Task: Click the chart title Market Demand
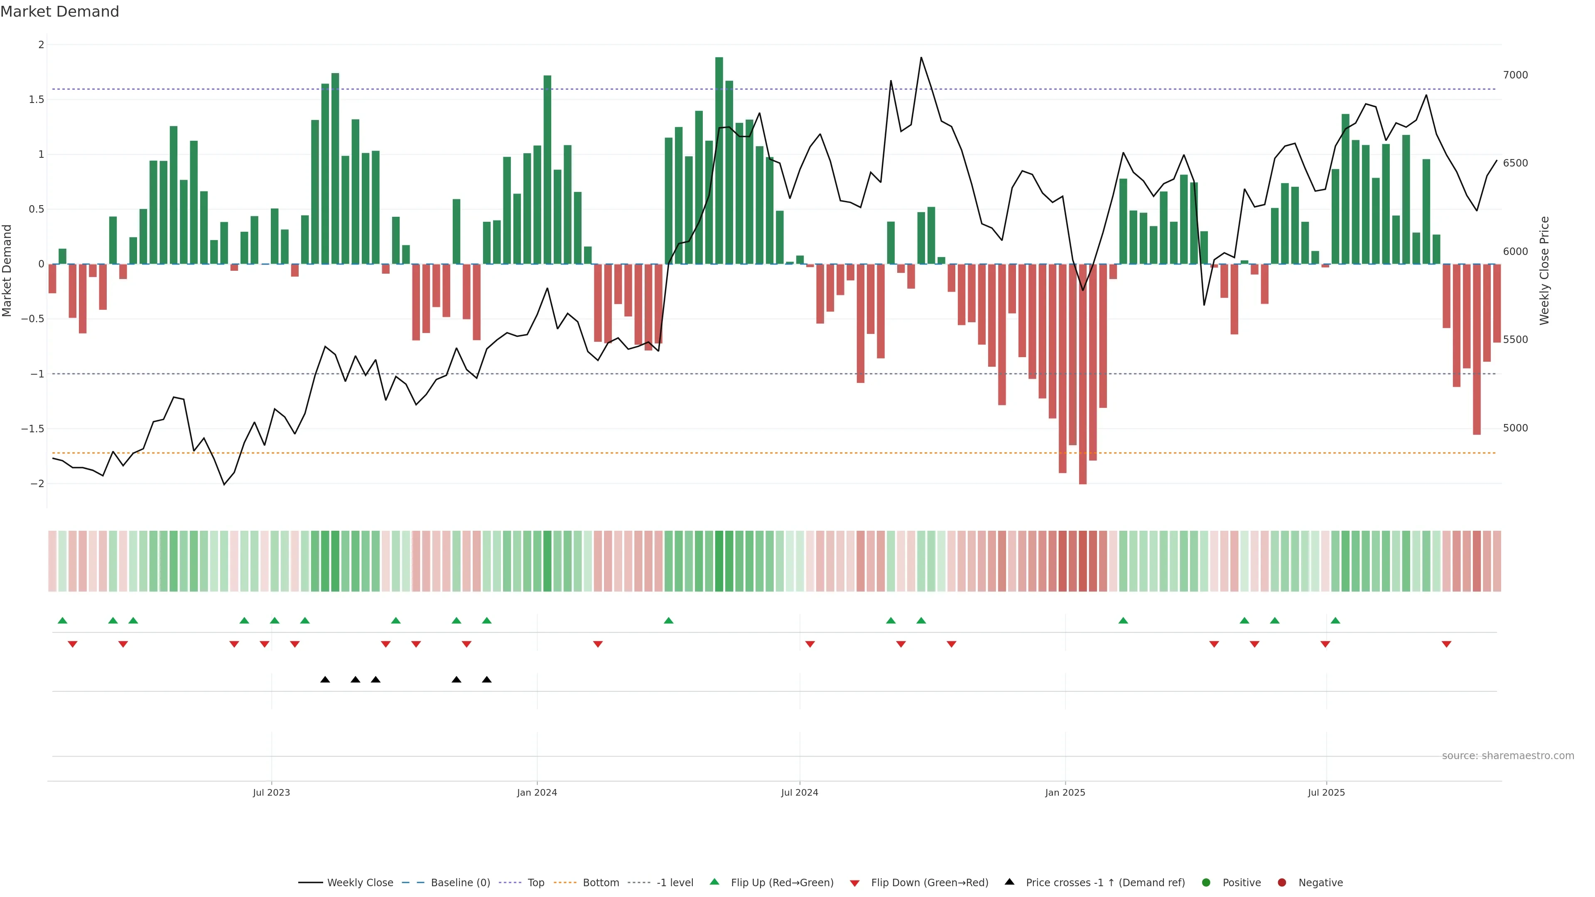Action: pos(59,12)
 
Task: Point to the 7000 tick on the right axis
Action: pos(1515,75)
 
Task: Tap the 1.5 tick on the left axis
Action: pos(37,99)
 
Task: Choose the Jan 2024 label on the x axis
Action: pos(537,792)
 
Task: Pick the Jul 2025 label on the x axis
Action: pos(1326,792)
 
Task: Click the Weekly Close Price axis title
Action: pos(1544,270)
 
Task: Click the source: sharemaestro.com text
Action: pos(1508,756)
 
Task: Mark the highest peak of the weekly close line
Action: pos(921,58)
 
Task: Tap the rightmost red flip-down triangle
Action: pos(1446,645)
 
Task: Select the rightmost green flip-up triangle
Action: pos(1335,620)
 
